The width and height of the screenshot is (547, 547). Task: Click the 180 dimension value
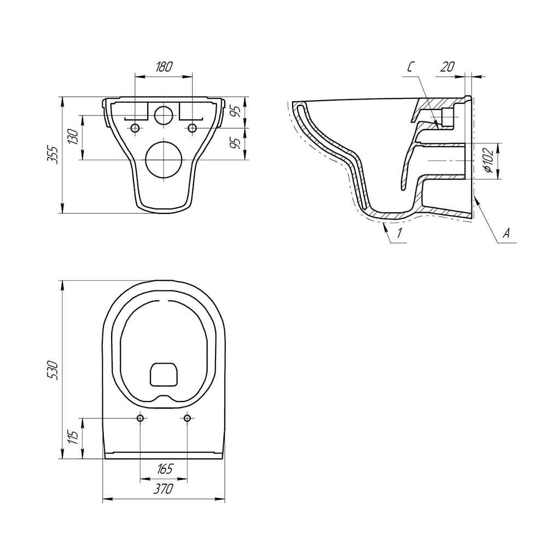pos(164,66)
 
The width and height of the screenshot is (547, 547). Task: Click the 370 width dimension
pos(163,489)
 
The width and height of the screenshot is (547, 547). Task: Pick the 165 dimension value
pos(164,469)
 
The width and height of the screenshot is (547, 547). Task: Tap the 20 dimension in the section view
pos(447,66)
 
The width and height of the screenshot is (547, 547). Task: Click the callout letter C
pos(411,67)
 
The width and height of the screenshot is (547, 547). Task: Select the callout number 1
pos(400,232)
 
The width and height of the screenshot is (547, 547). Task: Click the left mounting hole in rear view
pos(135,128)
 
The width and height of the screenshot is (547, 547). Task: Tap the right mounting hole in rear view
pos(192,128)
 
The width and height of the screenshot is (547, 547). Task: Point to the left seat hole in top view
pos(140,418)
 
